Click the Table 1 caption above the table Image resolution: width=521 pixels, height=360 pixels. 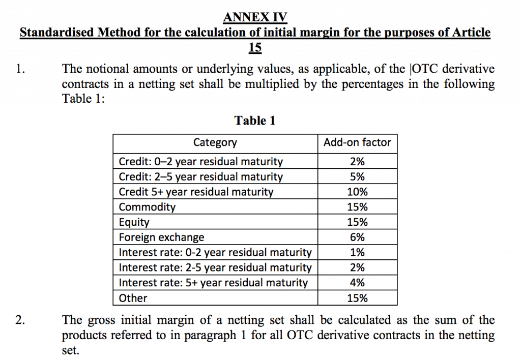click(255, 121)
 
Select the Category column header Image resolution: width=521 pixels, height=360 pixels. click(215, 143)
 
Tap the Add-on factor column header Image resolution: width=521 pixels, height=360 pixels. click(357, 143)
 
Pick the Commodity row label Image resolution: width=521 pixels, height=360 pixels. click(147, 207)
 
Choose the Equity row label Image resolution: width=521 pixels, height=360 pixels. click(134, 222)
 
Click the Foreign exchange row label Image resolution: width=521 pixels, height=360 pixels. click(161, 237)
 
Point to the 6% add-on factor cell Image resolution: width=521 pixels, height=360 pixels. click(357, 237)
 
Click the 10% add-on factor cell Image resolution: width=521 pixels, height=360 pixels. click(357, 192)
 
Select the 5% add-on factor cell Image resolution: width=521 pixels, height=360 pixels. click(357, 177)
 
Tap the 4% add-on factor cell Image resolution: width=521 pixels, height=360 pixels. click(357, 283)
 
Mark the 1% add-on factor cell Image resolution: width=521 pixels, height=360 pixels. click(357, 253)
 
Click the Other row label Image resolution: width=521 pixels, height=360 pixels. click(133, 298)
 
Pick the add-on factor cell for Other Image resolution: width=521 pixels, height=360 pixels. click(357, 298)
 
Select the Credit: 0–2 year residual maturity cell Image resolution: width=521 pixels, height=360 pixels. click(200, 162)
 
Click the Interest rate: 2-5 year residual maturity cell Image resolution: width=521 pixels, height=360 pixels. click(215, 267)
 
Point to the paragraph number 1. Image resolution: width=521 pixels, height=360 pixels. click(19, 70)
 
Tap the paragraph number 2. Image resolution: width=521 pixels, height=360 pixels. click(19, 320)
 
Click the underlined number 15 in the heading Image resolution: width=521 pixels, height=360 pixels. click(255, 47)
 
